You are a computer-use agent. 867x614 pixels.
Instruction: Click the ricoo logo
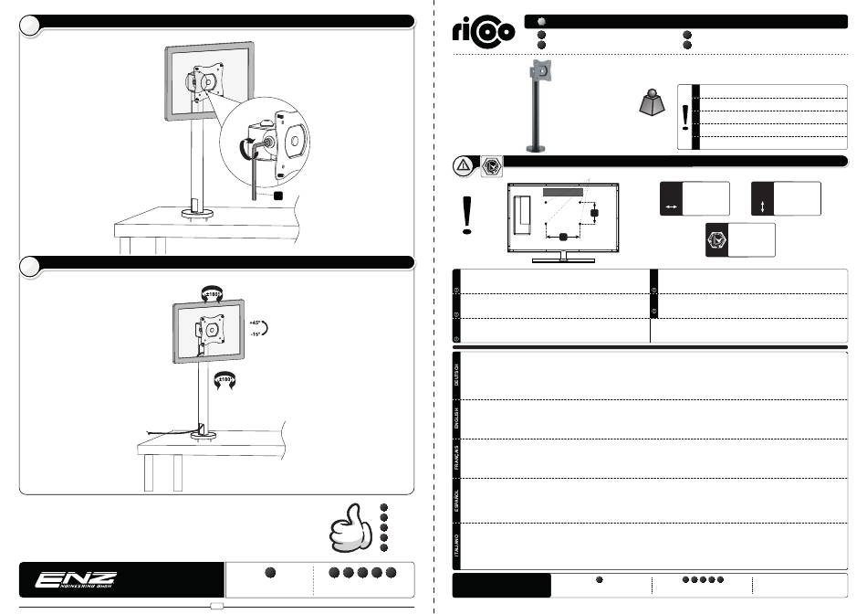click(484, 33)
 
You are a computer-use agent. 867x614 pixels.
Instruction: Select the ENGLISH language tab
click(456, 419)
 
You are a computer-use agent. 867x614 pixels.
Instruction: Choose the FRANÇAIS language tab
click(456, 457)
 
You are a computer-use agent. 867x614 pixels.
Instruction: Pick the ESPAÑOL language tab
click(456, 498)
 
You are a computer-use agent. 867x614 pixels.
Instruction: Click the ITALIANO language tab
click(456, 545)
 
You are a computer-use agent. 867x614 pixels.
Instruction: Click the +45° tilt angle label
click(256, 323)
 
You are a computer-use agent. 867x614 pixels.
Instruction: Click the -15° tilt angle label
click(256, 334)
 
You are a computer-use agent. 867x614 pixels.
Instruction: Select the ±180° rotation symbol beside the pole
click(224, 378)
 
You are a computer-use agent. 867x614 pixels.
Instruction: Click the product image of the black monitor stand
click(539, 105)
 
